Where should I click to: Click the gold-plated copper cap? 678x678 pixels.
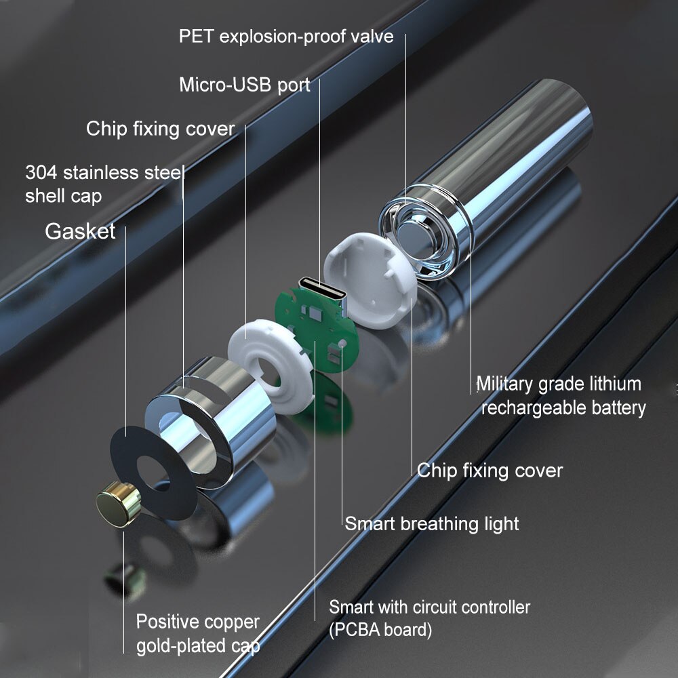point(117,504)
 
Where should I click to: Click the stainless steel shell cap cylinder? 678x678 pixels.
point(211,422)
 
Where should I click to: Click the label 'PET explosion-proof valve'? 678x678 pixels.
point(286,37)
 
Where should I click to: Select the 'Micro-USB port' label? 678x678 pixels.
point(245,85)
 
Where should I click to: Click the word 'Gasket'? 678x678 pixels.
point(80,231)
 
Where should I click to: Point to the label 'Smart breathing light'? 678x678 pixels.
point(431,523)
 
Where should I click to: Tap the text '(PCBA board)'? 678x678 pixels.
point(380,630)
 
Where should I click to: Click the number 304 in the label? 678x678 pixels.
point(41,172)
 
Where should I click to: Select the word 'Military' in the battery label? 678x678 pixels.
point(504,384)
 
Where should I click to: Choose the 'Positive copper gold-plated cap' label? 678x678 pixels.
point(198,634)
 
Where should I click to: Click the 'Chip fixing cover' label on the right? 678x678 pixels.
point(490,471)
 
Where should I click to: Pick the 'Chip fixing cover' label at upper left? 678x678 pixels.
point(161,129)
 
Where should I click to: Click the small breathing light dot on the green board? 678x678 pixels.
point(342,344)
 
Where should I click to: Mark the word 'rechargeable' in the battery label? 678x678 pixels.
point(533,408)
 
